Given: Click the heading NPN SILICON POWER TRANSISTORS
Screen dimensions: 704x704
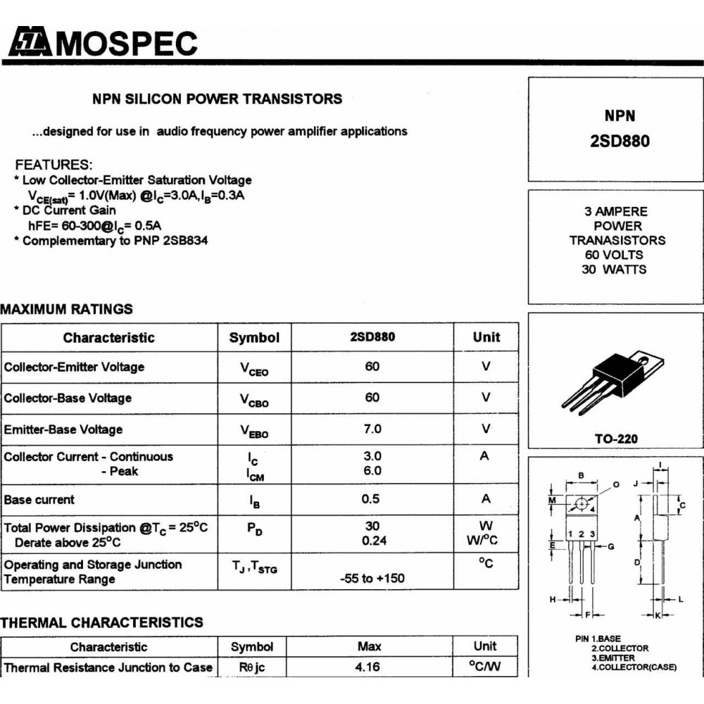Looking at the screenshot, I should [x=218, y=99].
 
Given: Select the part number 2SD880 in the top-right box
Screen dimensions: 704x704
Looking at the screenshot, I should [x=620, y=141].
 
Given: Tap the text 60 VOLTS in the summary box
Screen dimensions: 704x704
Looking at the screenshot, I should [x=614, y=255].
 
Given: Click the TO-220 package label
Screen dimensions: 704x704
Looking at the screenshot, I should [x=616, y=439].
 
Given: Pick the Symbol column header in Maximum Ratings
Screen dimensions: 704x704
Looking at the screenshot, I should [x=254, y=338].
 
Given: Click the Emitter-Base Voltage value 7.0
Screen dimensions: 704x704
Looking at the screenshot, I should [x=372, y=429].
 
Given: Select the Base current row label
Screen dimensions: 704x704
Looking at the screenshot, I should [x=39, y=500].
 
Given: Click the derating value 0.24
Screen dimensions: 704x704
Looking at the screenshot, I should [x=372, y=541].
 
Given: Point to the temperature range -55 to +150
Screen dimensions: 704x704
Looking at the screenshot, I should [x=372, y=579].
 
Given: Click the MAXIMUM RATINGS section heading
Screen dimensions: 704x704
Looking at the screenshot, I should [x=66, y=309].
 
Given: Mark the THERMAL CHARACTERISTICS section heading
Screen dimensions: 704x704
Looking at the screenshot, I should [x=101, y=622].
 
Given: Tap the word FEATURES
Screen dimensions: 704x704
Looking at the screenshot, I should [x=54, y=165].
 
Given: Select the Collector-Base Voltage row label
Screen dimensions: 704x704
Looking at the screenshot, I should [x=68, y=398].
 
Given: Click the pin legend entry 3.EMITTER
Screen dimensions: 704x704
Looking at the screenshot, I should [x=613, y=658].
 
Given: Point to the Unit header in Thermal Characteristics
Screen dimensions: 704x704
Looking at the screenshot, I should [x=485, y=646].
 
